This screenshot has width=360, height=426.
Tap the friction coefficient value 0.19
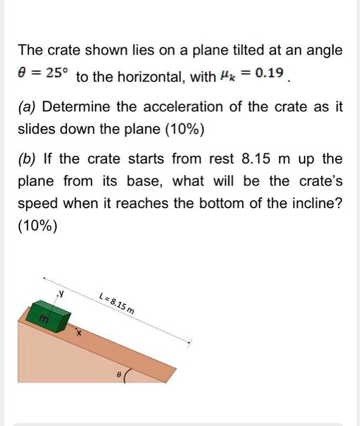270,74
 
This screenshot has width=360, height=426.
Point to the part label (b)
27,160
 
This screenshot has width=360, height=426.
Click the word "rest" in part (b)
221,160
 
